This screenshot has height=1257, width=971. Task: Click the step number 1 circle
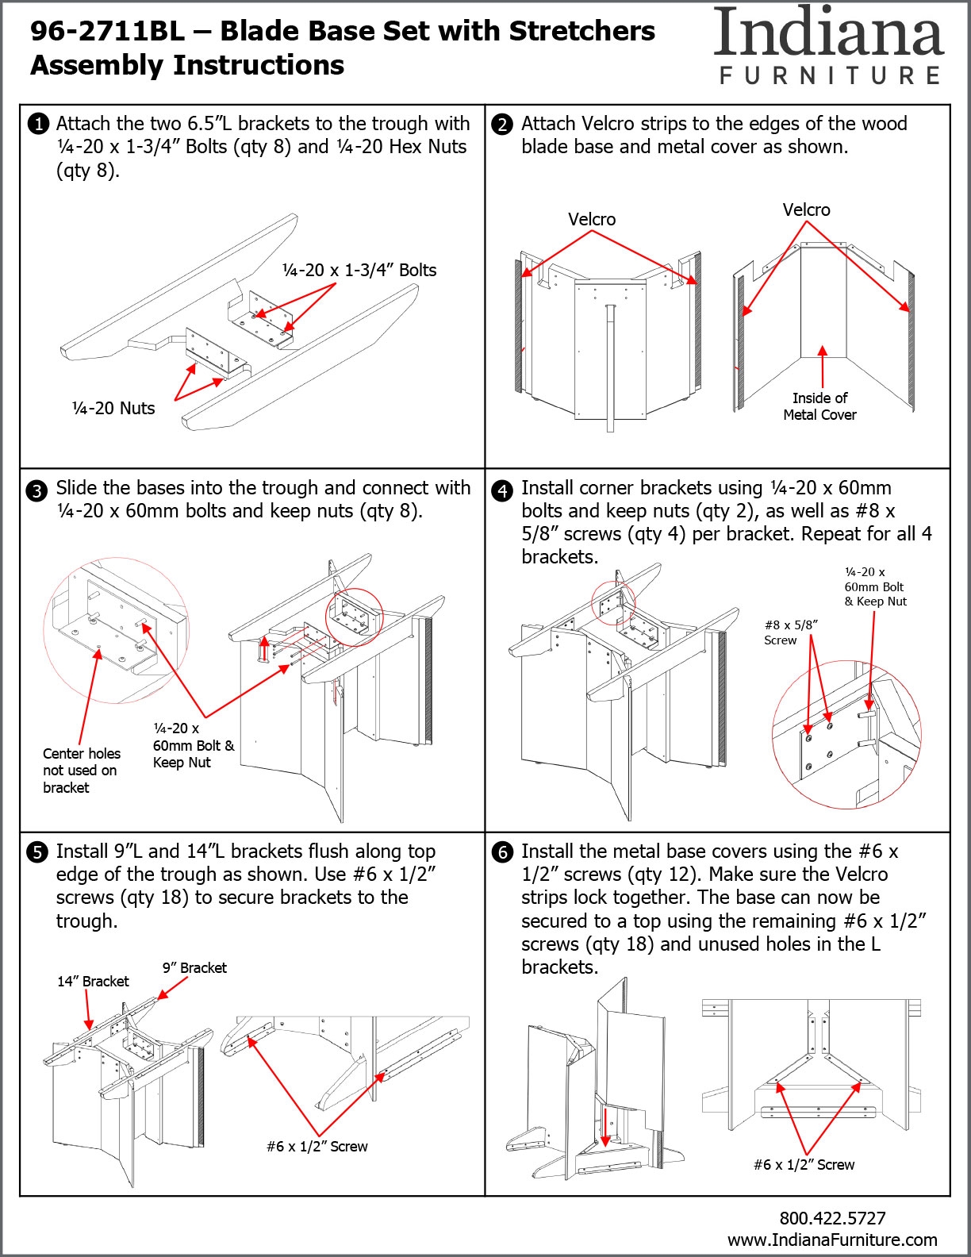[38, 125]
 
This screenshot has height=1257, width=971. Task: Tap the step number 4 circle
[502, 491]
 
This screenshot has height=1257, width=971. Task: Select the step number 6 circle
[502, 853]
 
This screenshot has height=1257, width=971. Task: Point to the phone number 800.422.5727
[832, 1217]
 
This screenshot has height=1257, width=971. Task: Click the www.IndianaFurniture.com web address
[832, 1240]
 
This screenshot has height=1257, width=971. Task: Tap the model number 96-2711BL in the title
[108, 31]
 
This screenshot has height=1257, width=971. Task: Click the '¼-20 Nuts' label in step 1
[113, 409]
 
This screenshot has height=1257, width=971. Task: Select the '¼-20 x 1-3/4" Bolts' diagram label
[359, 270]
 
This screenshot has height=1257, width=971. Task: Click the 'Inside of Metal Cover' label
[819, 406]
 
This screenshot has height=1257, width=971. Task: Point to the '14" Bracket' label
[93, 981]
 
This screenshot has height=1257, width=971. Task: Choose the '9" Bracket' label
[194, 968]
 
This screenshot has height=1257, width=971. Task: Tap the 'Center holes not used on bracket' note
[82, 771]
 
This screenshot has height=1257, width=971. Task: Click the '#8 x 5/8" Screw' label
[791, 632]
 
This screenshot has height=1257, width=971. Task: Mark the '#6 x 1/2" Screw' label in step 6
[804, 1164]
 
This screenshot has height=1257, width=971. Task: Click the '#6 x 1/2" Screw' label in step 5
[317, 1146]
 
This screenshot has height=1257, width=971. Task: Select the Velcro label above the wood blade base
[592, 219]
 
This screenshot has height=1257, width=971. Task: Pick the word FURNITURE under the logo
[830, 75]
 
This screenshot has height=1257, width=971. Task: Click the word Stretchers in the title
[581, 31]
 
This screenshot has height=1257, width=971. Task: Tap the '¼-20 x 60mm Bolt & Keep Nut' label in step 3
[193, 745]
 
